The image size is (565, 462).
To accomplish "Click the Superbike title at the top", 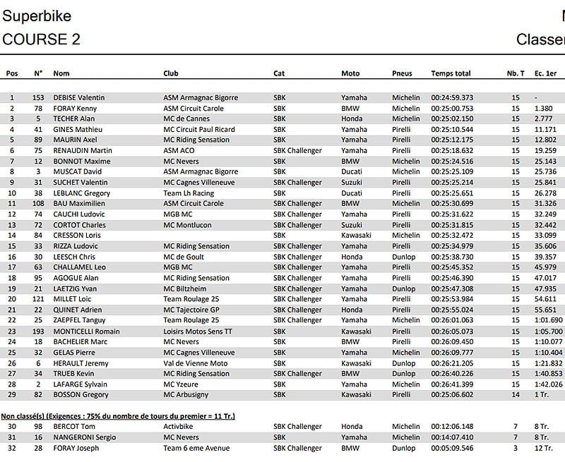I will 37,16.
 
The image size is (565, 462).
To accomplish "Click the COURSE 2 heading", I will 42,39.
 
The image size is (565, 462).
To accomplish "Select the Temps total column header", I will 451,73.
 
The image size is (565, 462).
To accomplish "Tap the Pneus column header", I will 402,73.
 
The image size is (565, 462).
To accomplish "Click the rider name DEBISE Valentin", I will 79,98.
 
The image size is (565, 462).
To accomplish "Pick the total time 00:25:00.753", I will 452,109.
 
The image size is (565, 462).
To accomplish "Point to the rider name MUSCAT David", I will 78,172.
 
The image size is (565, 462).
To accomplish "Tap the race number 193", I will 38,331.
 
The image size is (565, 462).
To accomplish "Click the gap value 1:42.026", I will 549,384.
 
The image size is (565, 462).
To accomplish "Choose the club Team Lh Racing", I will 189,193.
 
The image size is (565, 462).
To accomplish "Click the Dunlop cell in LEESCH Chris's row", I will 403,257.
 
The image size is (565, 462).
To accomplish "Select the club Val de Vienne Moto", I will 196,363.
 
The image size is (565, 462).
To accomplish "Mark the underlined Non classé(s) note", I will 118,416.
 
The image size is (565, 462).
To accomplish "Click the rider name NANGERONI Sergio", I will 85,437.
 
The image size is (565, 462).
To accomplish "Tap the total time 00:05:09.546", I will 452,448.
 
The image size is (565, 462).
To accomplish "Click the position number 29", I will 11,394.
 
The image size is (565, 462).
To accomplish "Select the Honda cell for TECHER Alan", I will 352,119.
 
